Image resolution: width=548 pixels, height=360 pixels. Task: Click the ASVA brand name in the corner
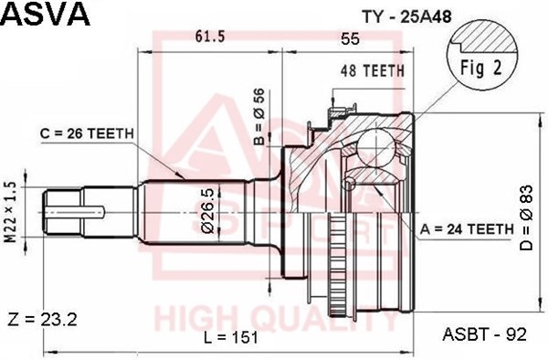click(47, 14)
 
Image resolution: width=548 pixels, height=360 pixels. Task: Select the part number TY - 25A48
click(407, 16)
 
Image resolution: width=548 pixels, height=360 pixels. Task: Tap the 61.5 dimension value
click(210, 36)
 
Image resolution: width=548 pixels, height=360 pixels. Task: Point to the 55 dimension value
click(350, 38)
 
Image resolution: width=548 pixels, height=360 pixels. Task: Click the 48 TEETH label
click(373, 70)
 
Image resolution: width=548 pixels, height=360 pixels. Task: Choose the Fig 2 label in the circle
click(481, 68)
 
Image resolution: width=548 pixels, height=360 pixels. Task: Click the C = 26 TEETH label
click(87, 133)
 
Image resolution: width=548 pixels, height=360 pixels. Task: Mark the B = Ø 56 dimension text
click(259, 116)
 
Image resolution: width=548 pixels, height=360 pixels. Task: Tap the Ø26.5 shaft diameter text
click(207, 211)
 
